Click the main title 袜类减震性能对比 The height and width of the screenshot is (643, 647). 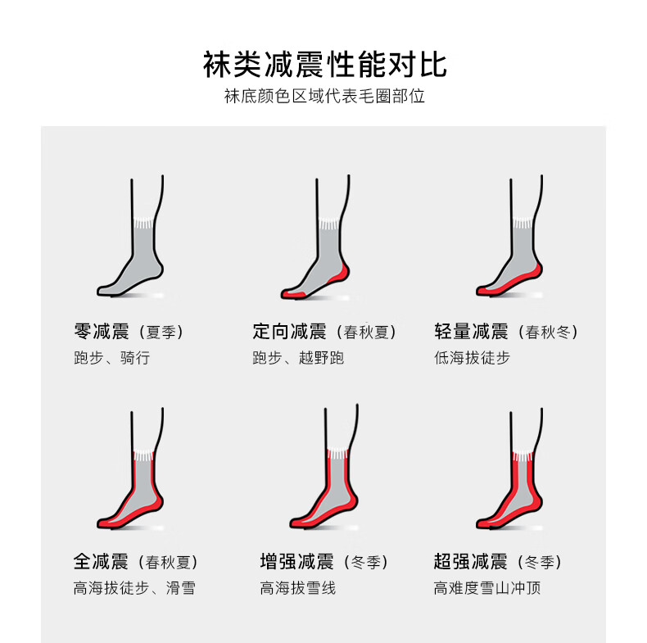(x=325, y=65)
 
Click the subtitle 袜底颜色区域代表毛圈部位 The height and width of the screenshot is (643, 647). (x=324, y=96)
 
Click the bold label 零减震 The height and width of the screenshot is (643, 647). (x=102, y=332)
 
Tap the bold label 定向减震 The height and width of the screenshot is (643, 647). (x=289, y=332)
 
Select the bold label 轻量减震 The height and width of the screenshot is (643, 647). (x=471, y=332)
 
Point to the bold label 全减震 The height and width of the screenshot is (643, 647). (x=101, y=562)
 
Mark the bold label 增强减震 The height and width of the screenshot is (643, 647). (x=296, y=562)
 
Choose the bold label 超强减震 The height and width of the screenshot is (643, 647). (x=470, y=562)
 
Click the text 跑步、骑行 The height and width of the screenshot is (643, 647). (x=112, y=357)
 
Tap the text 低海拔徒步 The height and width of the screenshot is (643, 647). (x=472, y=357)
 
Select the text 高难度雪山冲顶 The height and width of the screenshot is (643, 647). (x=487, y=587)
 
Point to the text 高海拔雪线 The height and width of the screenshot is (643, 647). (x=298, y=587)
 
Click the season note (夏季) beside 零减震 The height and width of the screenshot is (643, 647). (x=161, y=333)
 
